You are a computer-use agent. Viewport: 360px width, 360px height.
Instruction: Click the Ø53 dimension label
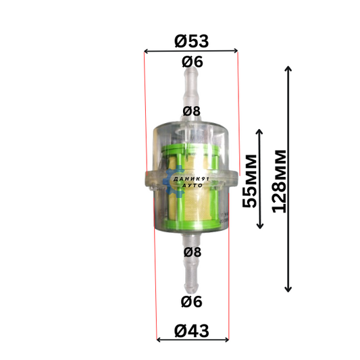[x=191, y=41]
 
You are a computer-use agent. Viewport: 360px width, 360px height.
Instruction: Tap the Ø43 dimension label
[x=191, y=331]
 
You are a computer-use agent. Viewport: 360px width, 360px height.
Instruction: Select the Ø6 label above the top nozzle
[x=192, y=62]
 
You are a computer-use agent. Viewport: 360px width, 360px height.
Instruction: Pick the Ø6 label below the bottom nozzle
[x=191, y=302]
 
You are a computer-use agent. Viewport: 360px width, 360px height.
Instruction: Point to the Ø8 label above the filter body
[x=191, y=111]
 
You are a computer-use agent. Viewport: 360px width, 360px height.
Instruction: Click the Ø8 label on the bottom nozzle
[x=192, y=252]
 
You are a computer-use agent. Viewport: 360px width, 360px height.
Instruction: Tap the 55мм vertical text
[x=249, y=181]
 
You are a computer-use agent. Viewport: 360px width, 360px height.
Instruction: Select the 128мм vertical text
[x=279, y=182]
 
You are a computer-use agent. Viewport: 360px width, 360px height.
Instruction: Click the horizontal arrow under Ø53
[x=190, y=51]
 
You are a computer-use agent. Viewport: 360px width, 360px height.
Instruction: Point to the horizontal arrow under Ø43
[x=192, y=340]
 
